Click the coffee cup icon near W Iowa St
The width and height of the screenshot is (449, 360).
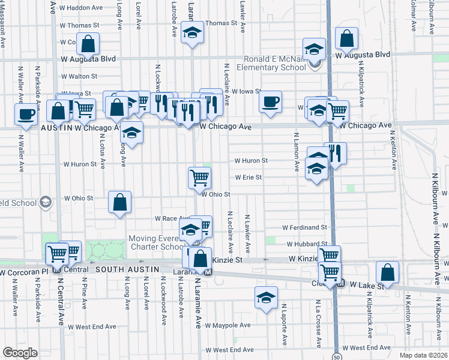point(270,101)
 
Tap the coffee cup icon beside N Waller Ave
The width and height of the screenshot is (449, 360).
point(26,114)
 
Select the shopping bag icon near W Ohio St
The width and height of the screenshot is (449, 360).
point(120,202)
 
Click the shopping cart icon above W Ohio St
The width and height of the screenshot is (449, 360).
point(199,177)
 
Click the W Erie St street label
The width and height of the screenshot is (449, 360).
point(249,178)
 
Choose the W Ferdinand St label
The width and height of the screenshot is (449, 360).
point(305,228)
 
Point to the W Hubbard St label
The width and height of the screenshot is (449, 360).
point(306,245)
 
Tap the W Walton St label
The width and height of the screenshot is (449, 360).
point(79,77)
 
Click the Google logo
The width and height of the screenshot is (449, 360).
point(19,353)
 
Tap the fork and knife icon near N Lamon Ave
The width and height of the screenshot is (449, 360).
point(336,153)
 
